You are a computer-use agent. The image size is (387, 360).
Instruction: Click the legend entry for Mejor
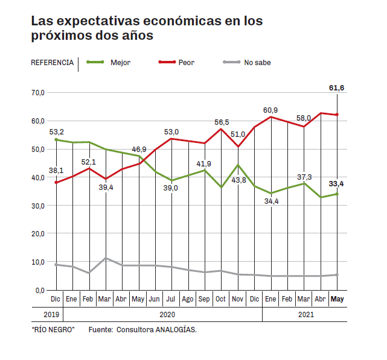click(x=120, y=62)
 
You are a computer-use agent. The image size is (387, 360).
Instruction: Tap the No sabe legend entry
click(x=257, y=62)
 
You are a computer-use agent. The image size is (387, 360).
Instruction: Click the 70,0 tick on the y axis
click(x=38, y=93)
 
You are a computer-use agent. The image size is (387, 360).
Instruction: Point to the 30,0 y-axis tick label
click(x=38, y=206)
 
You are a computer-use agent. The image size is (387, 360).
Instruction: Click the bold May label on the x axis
click(x=337, y=299)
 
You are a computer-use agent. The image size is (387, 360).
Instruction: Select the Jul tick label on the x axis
click(x=171, y=299)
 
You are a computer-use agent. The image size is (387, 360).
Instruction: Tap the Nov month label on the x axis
click(x=238, y=299)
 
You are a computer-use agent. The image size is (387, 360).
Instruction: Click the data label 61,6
click(x=336, y=88)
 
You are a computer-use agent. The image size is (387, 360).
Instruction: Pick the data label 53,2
click(x=57, y=131)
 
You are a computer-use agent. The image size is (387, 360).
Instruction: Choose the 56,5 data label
click(x=223, y=123)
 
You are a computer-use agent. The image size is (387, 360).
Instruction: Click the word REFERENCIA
click(x=52, y=62)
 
